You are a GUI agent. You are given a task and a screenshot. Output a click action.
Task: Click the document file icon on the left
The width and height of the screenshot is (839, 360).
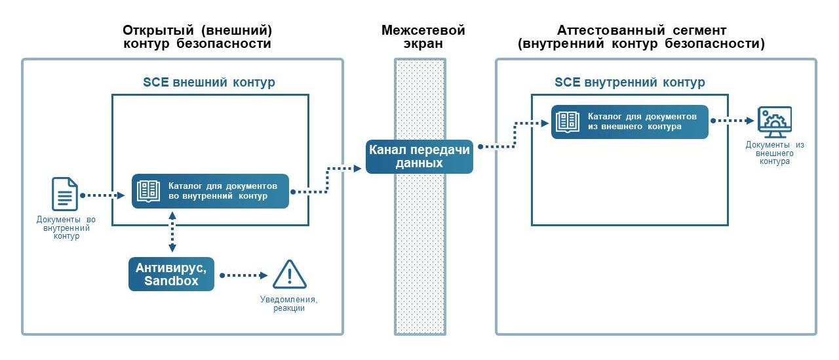pos(65,194)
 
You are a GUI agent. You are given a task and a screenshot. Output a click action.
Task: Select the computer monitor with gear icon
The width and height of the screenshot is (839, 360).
pos(774,122)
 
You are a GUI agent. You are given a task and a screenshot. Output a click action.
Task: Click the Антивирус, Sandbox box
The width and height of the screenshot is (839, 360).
pos(172,274)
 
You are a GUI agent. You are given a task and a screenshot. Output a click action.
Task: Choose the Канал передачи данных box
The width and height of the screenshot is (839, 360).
pos(419,157)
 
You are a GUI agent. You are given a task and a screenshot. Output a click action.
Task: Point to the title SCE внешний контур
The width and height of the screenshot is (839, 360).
pos(209,83)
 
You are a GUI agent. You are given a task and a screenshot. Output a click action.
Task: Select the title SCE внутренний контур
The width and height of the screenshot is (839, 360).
pos(629,83)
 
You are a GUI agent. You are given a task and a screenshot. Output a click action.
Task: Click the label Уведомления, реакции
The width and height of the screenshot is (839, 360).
pos(289,304)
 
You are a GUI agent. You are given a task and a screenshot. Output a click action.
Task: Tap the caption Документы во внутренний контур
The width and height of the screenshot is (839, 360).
pos(65,227)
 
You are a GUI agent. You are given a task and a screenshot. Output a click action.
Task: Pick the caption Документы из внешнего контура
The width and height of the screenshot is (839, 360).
pos(774,152)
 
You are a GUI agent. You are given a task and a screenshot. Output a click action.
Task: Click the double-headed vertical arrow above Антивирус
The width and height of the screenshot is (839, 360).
pos(172,232)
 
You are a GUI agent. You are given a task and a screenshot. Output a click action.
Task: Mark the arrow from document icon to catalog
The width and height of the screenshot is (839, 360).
pos(104,195)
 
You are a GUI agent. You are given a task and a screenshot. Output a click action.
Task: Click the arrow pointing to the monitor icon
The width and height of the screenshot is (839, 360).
pos(732,121)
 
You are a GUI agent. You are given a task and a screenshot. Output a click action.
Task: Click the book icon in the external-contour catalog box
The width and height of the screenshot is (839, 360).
pos(147,191)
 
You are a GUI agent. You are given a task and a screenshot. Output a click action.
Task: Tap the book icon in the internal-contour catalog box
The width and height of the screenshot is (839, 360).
pos(567,121)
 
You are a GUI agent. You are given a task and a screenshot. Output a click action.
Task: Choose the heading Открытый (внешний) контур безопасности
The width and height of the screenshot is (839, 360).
pos(197,37)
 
